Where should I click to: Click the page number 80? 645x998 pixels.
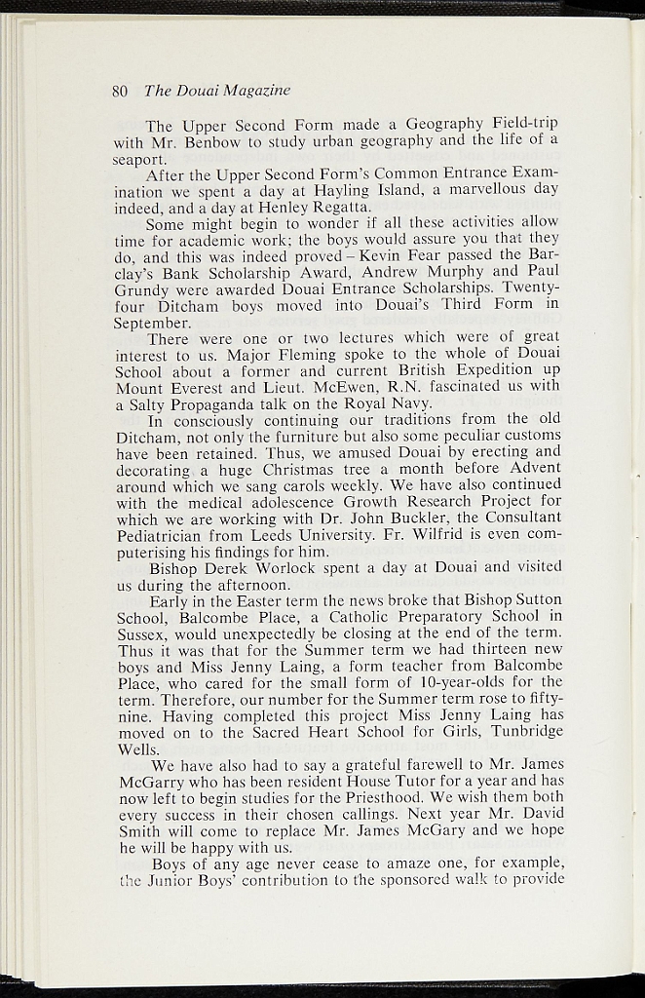click(x=121, y=91)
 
